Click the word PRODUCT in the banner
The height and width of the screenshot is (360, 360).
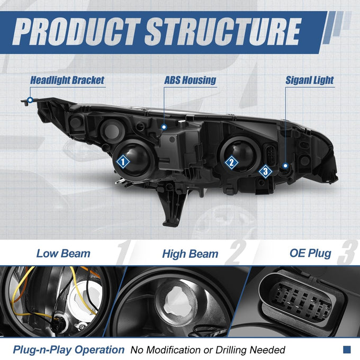click(77, 31)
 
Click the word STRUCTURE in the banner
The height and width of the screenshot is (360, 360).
click(222, 31)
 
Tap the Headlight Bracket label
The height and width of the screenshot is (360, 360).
click(67, 80)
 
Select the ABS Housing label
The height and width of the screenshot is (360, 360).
click(190, 80)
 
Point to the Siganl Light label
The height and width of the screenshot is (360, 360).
click(310, 80)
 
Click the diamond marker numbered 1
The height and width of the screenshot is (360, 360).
click(123, 161)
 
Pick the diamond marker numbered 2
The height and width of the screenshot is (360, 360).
click(231, 163)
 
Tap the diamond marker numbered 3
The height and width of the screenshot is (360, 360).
click(265, 171)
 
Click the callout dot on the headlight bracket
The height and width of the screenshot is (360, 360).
click(30, 100)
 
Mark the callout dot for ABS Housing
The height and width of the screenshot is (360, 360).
click(164, 127)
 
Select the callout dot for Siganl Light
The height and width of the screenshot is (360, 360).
click(285, 165)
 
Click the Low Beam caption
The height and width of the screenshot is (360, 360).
click(64, 254)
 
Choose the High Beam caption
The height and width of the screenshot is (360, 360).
click(190, 254)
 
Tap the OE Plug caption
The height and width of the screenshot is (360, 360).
click(310, 253)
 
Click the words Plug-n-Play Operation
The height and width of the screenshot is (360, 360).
click(69, 349)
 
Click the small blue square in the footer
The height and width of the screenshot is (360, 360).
click(347, 349)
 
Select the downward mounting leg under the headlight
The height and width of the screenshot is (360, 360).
click(173, 206)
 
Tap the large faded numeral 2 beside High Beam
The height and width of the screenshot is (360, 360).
click(236, 253)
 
